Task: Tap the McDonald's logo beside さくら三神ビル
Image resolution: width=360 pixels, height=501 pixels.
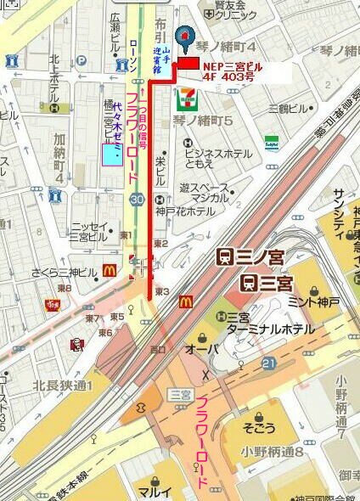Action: pyautogui.click(x=109, y=271)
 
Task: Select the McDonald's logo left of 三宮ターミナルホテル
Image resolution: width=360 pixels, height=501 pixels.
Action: pyautogui.click(x=187, y=301)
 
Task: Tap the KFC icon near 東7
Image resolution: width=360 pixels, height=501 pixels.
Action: pyautogui.click(x=76, y=344)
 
